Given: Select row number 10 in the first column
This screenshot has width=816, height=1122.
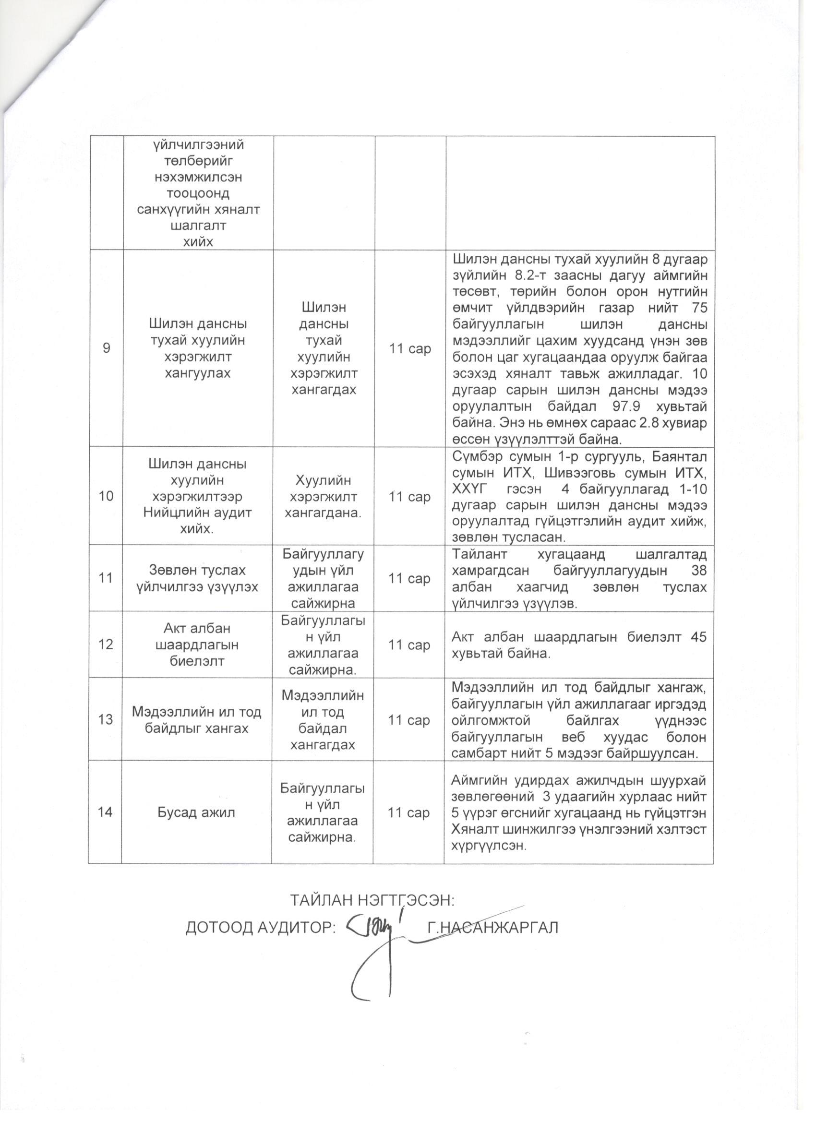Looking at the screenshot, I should click(x=106, y=496).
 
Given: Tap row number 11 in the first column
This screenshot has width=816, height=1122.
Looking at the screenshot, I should click(x=105, y=578).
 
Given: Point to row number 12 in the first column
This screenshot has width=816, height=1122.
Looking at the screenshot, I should click(x=105, y=644).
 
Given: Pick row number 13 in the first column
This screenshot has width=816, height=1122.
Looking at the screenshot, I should click(x=106, y=719).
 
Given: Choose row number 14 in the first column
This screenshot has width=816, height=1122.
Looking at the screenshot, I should click(x=105, y=812).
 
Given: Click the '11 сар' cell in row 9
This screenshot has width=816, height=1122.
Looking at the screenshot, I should click(x=409, y=348).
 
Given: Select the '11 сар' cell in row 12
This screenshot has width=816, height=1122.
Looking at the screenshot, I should click(x=409, y=645).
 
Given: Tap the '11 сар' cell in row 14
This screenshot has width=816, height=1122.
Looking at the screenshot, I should click(x=409, y=812).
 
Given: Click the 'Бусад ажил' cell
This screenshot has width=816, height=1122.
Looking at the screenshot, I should click(x=196, y=812).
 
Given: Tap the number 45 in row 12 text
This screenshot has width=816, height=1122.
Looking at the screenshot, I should click(x=698, y=637).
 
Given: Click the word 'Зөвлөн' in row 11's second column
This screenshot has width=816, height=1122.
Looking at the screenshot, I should click(x=167, y=570).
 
